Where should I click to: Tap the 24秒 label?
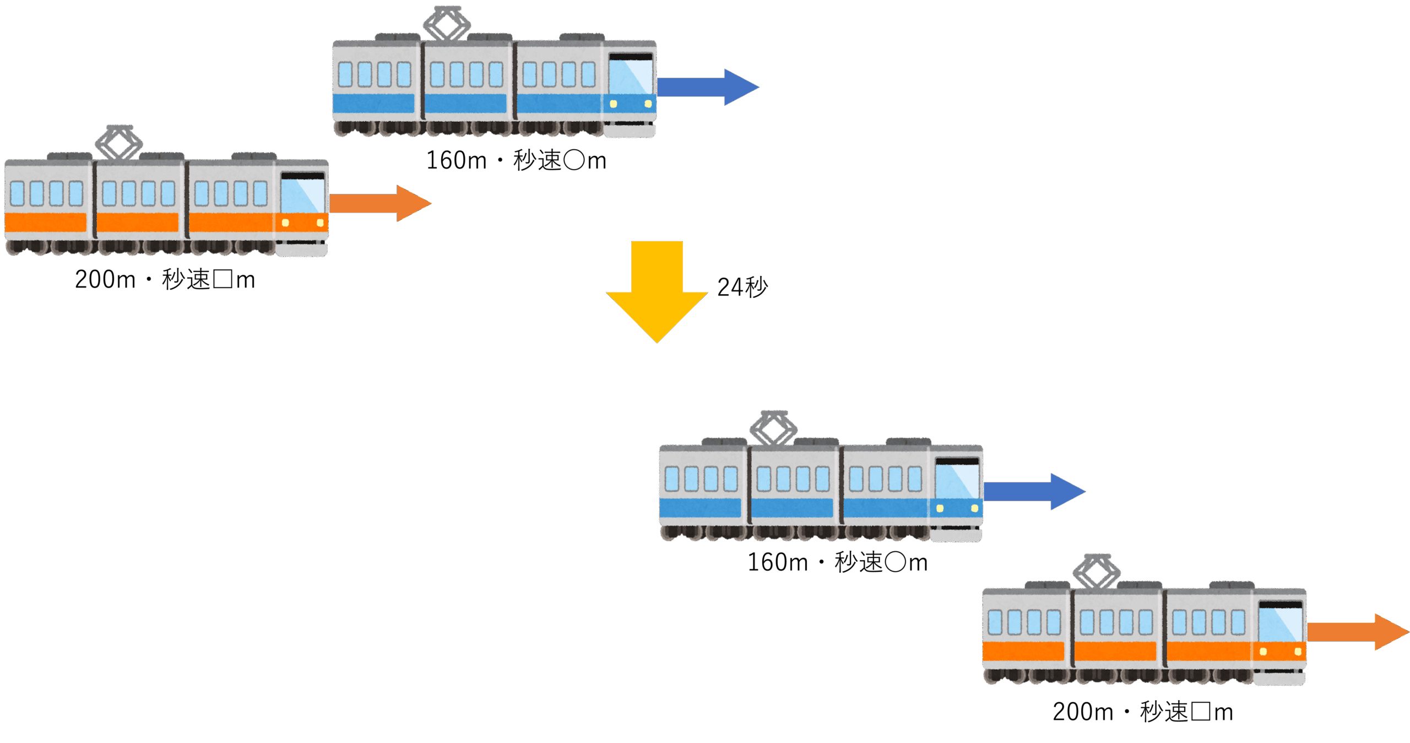(742, 287)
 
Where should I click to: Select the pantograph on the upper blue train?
(447, 23)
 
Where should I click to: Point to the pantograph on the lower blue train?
(773, 428)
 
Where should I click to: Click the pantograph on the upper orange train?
(119, 142)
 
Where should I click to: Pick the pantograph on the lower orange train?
(1097, 571)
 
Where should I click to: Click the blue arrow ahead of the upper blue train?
(708, 87)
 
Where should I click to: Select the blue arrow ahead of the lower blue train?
(1034, 491)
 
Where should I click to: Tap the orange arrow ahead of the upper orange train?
(380, 203)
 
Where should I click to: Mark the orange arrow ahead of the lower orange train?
(1358, 632)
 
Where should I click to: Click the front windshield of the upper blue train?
(631, 77)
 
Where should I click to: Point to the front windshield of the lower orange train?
(1281, 625)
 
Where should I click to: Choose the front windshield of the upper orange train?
(303, 196)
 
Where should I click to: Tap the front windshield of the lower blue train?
(957, 481)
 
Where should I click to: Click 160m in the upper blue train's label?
(456, 161)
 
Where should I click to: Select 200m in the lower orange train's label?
(1083, 712)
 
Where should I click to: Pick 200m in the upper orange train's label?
(105, 280)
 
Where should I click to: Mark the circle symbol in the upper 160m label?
(574, 160)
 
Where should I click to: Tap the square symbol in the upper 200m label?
(223, 279)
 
